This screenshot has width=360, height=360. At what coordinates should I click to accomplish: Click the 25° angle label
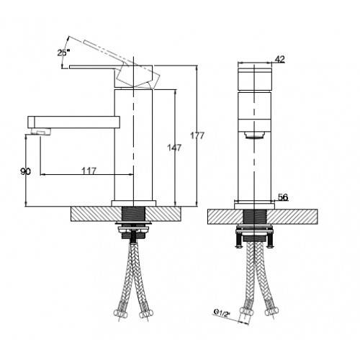(63, 53)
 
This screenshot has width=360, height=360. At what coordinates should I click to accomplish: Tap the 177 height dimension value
(197, 136)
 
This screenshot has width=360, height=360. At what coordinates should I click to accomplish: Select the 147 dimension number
(174, 148)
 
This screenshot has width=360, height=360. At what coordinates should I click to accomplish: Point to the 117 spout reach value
(89, 171)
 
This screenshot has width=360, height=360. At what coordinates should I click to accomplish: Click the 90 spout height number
(25, 171)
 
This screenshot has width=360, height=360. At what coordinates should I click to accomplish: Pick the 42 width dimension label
(279, 59)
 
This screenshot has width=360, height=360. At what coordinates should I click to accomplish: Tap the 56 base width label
(283, 197)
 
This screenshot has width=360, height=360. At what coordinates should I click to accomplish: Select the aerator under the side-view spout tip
(41, 132)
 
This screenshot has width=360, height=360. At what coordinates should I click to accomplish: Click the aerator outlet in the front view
(254, 135)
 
